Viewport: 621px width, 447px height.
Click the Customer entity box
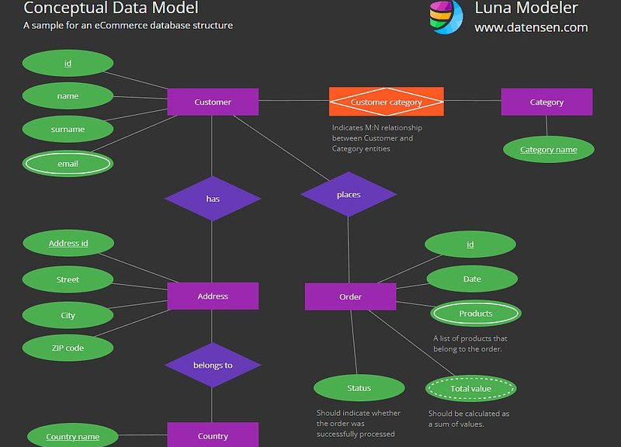click(x=213, y=102)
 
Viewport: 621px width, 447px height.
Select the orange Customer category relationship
click(x=386, y=102)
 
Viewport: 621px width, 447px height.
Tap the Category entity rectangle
click(x=546, y=102)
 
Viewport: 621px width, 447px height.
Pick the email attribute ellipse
click(x=68, y=164)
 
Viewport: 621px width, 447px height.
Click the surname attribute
click(x=68, y=129)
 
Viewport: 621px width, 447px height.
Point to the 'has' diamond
click(x=213, y=199)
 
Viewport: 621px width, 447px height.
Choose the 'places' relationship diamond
click(x=349, y=195)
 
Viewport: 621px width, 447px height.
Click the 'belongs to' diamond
click(x=213, y=365)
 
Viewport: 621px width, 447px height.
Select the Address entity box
click(x=213, y=296)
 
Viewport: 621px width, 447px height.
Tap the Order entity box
click(x=350, y=296)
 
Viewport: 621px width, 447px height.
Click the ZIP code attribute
click(x=68, y=348)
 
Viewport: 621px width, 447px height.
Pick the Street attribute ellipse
click(x=68, y=279)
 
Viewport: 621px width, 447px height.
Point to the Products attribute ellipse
click(x=476, y=314)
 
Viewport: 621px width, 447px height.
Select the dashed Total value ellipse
click(x=470, y=388)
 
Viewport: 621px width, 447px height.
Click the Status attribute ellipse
click(x=359, y=388)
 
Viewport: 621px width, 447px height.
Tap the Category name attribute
click(x=549, y=149)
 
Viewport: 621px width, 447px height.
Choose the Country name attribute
click(x=72, y=436)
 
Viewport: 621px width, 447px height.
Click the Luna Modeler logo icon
click(x=446, y=17)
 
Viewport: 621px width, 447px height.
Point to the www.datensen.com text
click(x=531, y=27)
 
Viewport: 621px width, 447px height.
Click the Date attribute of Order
click(x=472, y=279)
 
